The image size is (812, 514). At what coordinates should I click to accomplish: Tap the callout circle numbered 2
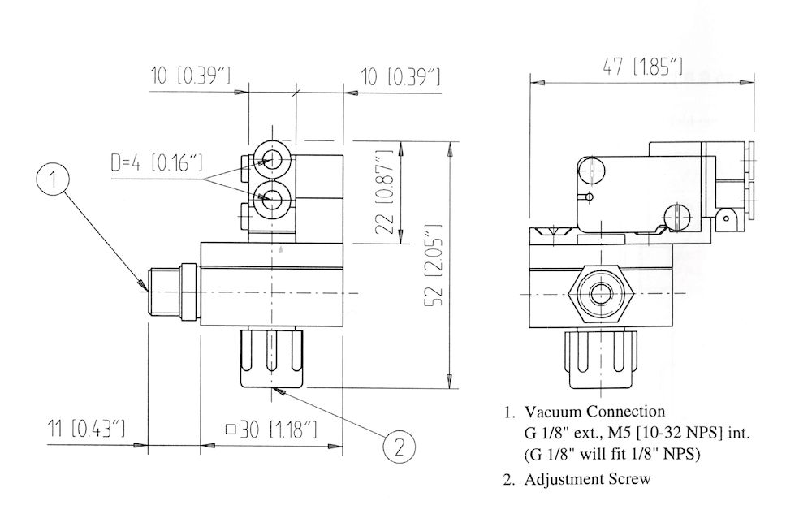pyautogui.click(x=400, y=446)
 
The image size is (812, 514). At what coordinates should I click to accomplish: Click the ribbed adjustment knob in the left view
pyautogui.click(x=271, y=358)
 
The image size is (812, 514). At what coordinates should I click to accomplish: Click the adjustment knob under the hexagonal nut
pyautogui.click(x=601, y=358)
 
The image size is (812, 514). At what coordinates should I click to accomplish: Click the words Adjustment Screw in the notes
pyautogui.click(x=587, y=478)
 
